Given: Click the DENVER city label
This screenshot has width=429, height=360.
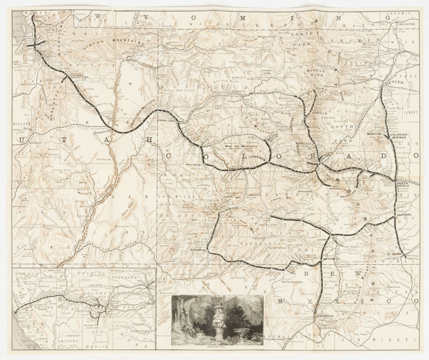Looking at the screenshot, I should coord(394,82).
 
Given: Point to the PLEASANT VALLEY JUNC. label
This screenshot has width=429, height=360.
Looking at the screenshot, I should coord(79,76).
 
